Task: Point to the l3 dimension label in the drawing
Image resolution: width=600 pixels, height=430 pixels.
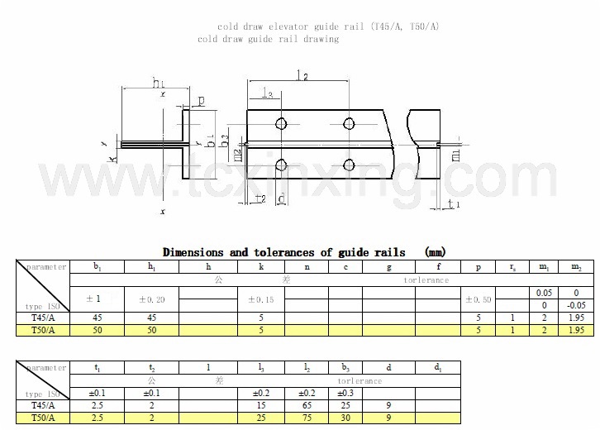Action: click(266, 92)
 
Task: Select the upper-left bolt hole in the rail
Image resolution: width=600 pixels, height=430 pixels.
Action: click(282, 124)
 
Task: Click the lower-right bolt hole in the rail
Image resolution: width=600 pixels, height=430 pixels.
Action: click(348, 162)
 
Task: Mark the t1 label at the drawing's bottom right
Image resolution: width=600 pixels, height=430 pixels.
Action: click(453, 203)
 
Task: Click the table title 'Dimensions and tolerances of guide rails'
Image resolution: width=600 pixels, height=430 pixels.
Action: click(283, 252)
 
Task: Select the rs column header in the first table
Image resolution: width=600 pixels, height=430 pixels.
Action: click(512, 267)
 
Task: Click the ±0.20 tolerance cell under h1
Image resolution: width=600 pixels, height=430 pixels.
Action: click(150, 299)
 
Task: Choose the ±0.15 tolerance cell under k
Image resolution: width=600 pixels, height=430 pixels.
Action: click(262, 299)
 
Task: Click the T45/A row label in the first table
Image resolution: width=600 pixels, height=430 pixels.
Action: click(42, 318)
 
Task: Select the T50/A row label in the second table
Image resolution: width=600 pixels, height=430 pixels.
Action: click(42, 419)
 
